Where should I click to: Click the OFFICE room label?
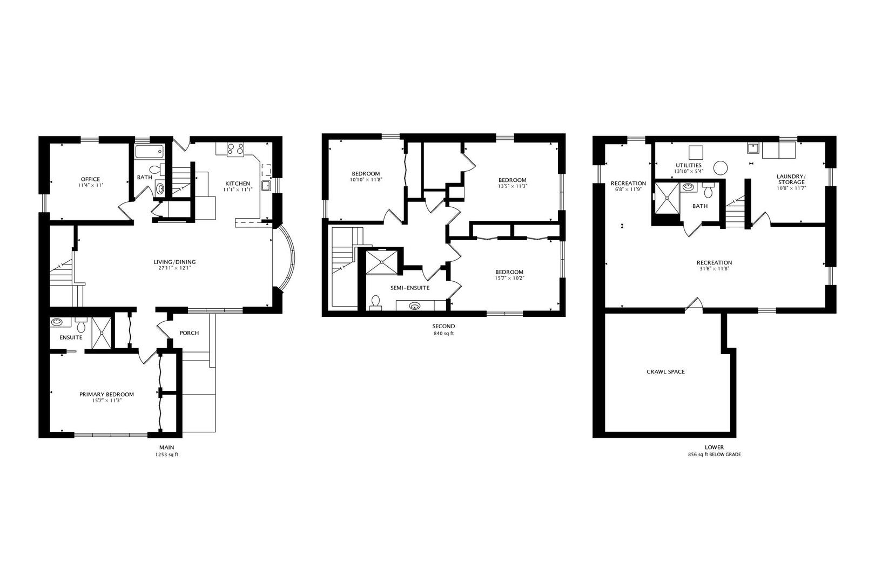(x=90, y=179)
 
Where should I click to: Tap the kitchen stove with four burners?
(x=235, y=149)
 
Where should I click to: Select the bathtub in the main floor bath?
(x=149, y=152)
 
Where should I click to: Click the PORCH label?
(x=189, y=333)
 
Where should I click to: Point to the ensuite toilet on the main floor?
(x=81, y=325)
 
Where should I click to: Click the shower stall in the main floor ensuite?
(x=101, y=333)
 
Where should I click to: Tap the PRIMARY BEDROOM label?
(x=106, y=395)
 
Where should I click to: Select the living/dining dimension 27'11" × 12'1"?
(x=174, y=268)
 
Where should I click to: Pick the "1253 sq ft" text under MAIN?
(x=167, y=455)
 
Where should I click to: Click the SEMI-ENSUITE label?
(x=410, y=288)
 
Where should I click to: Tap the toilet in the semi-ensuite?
(x=375, y=303)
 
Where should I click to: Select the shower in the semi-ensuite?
(x=382, y=263)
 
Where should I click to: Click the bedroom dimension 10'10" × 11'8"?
(x=366, y=180)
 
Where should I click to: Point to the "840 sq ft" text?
(x=444, y=334)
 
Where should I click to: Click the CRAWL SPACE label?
(x=665, y=372)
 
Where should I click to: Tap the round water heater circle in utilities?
(x=721, y=168)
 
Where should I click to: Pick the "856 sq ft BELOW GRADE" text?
(x=715, y=455)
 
